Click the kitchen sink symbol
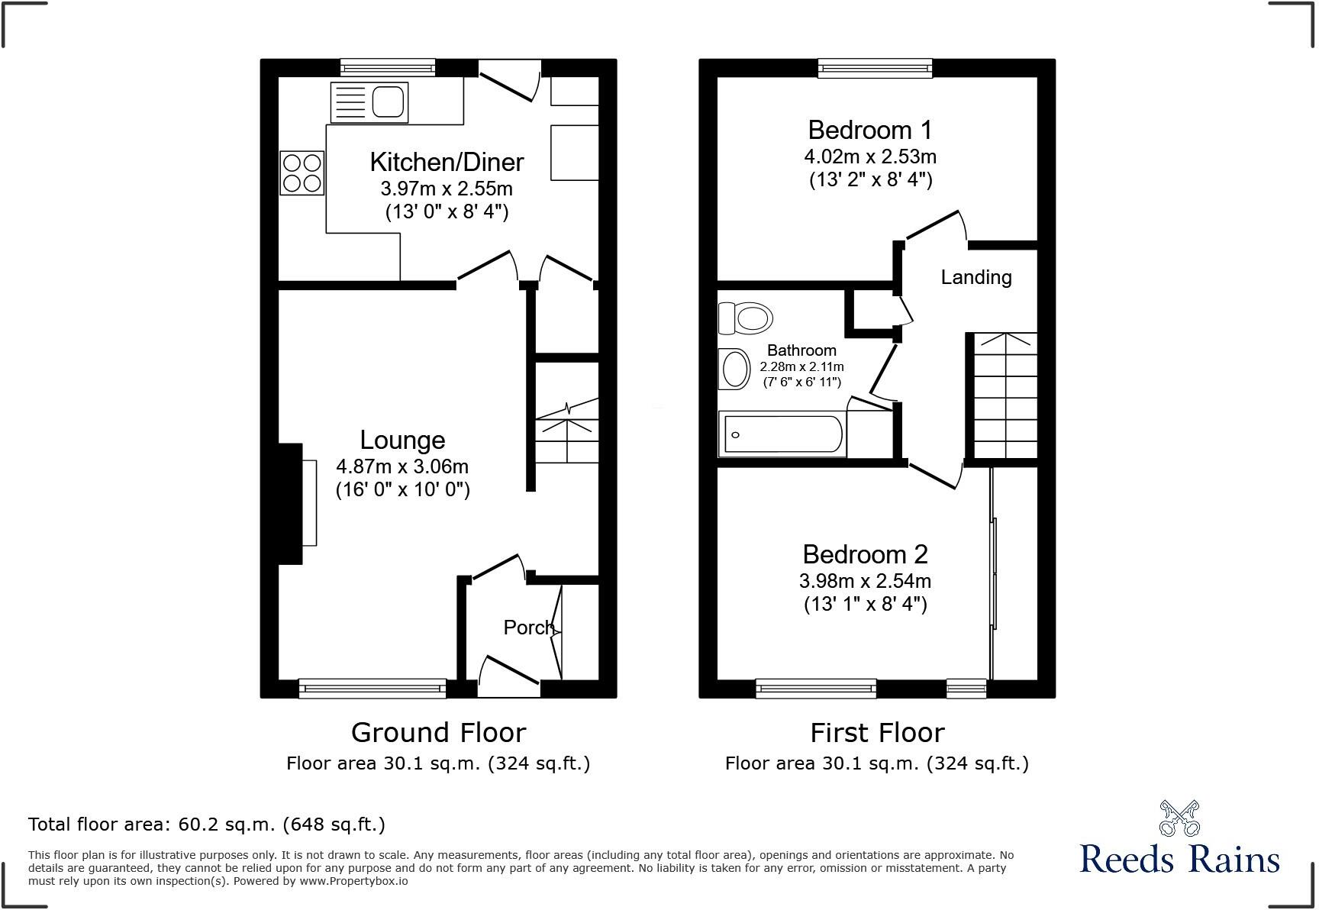point(369,102)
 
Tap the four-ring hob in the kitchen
point(302,173)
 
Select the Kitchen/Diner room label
point(447,162)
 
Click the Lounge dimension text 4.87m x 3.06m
point(402,466)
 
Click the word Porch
point(528,628)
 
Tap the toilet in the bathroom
point(745,318)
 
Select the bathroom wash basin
point(735,369)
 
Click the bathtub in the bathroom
point(782,434)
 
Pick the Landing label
point(976,277)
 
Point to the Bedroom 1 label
point(870,130)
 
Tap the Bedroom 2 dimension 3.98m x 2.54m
point(865,581)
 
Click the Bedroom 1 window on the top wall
point(875,69)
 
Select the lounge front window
point(372,689)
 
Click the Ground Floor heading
point(438,733)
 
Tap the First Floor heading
point(877,733)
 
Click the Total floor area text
point(206,824)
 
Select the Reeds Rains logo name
point(1179,859)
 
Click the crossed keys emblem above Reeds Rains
point(1179,818)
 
